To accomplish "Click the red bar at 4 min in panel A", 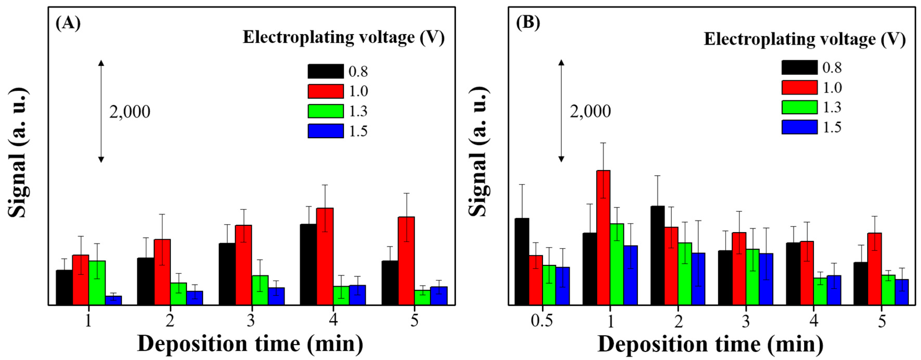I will [325, 256].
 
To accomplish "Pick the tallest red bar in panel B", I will [603, 238].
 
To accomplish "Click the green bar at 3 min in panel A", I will [260, 290].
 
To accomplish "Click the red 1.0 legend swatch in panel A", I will [326, 91].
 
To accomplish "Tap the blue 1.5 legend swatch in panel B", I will [799, 127].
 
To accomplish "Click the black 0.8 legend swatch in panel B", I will [799, 67].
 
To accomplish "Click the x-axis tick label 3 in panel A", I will [251, 320].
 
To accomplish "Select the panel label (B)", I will [528, 23].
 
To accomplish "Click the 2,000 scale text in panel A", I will [130, 112].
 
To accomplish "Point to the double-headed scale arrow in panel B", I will [561, 111].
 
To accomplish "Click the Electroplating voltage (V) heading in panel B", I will [805, 39].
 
